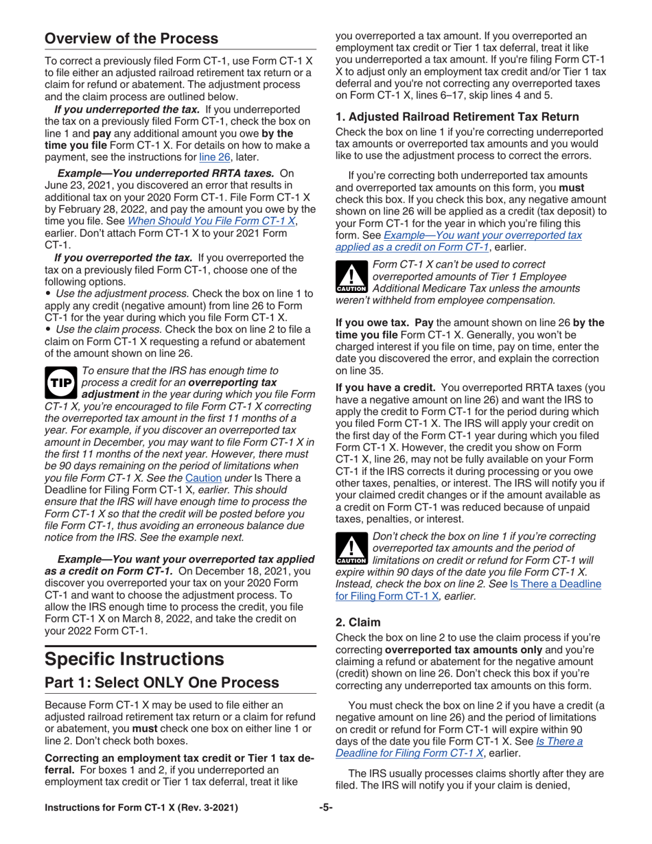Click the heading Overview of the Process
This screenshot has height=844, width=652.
point(131,38)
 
